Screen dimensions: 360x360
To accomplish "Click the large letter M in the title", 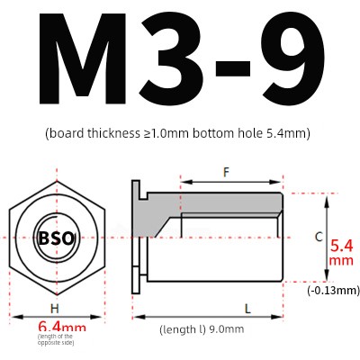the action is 81,59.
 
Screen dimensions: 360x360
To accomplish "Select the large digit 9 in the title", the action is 292,59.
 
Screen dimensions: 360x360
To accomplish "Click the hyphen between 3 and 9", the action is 233,67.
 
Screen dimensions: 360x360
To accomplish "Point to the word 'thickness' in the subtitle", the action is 113,133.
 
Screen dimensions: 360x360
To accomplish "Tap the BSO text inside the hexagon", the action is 56,238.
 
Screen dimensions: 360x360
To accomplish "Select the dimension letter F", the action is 226,172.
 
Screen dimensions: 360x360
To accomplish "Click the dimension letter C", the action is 319,237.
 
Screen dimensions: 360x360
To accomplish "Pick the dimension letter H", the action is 55,308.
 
